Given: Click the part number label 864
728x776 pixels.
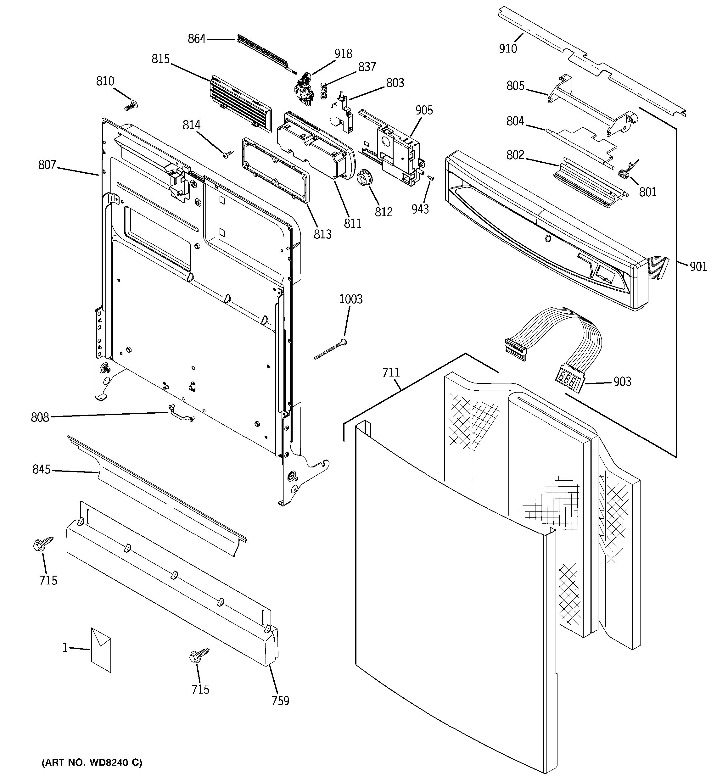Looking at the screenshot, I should point(196,39).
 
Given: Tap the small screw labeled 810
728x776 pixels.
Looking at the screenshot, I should point(132,105).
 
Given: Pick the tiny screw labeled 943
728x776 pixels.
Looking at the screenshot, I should point(431,178).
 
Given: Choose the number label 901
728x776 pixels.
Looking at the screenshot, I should point(698,267).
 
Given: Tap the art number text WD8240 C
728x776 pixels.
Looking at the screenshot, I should point(92,762).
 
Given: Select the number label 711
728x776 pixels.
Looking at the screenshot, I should point(391,373).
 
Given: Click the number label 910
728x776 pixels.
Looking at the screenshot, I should point(508,48).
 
